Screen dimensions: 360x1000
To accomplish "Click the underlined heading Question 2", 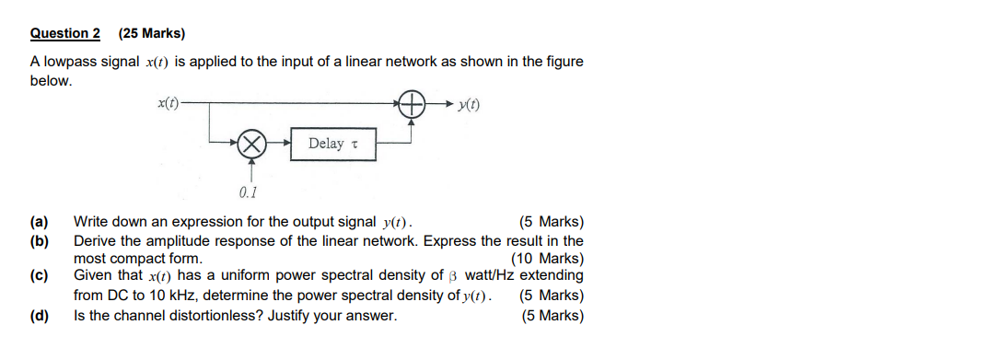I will pyautogui.click(x=65, y=34).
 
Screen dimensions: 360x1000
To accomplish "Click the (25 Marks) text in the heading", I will pyautogui.click(x=152, y=34).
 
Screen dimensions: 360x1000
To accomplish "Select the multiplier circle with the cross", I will pyautogui.click(x=251, y=144).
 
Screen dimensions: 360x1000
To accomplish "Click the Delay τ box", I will pyautogui.click(x=333, y=144).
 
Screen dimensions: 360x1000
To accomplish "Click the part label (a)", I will pyautogui.click(x=39, y=222).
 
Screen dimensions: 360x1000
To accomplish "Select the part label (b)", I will pyautogui.click(x=39, y=241).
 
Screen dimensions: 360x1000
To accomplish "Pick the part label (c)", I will pyautogui.click(x=39, y=275).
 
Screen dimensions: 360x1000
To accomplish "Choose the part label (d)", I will pyautogui.click(x=39, y=316).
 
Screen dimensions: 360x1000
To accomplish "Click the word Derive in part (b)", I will pyautogui.click(x=94, y=241).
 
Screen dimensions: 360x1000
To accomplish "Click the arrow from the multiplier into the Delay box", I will pyautogui.click(x=279, y=144).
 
